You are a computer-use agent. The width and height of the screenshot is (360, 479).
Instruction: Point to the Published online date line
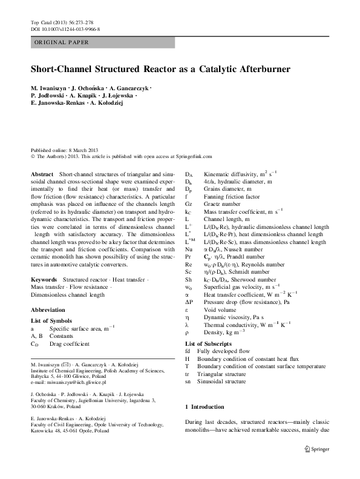click(x=63, y=150)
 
